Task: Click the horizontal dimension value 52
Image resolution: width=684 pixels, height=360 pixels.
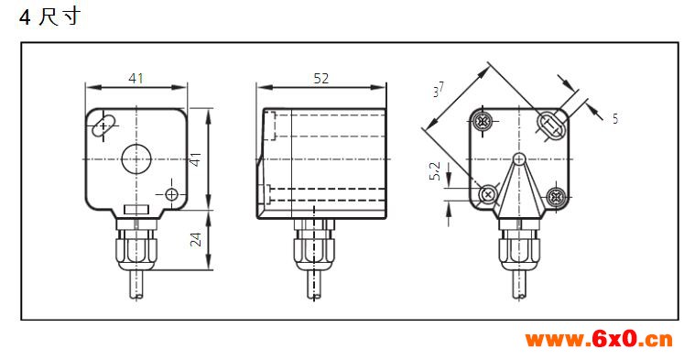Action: (320, 79)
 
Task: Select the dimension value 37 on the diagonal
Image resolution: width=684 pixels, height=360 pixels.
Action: (439, 90)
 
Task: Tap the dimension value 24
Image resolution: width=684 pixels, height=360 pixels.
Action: (196, 240)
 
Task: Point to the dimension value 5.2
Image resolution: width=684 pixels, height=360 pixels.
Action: (435, 171)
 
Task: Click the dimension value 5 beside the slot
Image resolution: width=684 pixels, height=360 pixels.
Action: (615, 119)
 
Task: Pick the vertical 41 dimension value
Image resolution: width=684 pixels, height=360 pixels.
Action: (196, 159)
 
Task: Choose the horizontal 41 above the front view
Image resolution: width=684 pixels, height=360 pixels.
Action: (136, 79)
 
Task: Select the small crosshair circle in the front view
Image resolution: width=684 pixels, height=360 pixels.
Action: (172, 194)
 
